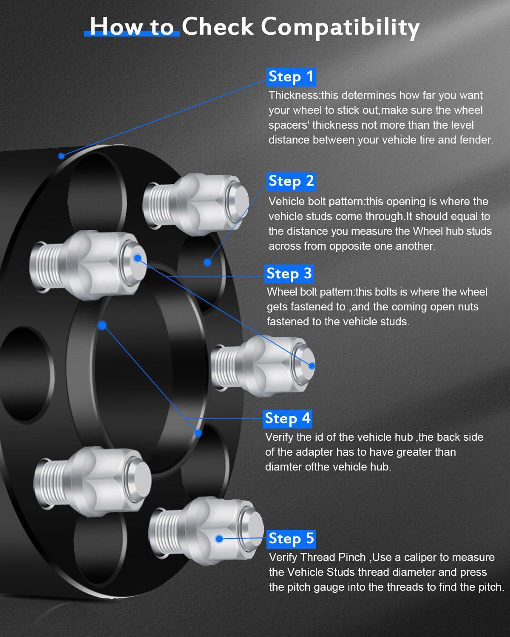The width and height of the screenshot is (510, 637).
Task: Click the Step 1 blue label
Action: (x=291, y=77)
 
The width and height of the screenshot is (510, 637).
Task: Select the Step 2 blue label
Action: (x=291, y=181)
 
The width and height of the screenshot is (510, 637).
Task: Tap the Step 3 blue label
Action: (x=289, y=274)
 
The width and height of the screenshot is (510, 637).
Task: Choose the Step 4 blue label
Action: (x=287, y=419)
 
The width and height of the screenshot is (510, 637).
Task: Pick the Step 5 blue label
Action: (x=291, y=539)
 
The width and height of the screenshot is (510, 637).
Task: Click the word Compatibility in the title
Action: (x=340, y=27)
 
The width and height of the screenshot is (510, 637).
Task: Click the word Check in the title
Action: (x=218, y=27)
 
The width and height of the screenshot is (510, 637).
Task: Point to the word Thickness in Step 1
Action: (x=293, y=95)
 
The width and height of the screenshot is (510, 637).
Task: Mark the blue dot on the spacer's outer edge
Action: (x=61, y=156)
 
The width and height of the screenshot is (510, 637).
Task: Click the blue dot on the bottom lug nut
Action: (x=219, y=539)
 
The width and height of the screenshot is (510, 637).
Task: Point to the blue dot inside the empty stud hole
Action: (x=207, y=262)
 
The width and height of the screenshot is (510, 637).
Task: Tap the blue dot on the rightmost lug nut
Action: (x=312, y=366)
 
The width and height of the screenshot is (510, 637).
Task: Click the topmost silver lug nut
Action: (x=195, y=204)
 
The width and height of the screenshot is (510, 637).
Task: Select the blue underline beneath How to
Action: (x=132, y=34)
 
